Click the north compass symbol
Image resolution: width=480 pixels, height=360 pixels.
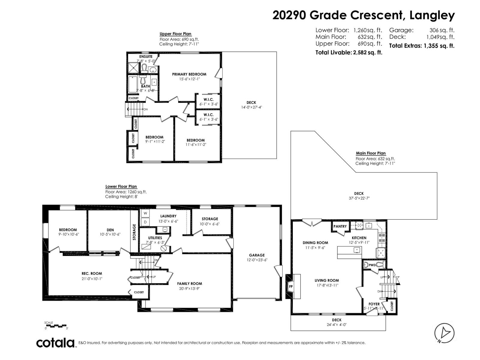click(x=444, y=332)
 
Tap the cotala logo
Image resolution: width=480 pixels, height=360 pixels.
click(x=55, y=343)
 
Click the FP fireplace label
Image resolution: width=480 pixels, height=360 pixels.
click(x=291, y=286)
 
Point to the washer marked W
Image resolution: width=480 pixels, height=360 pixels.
click(x=145, y=213)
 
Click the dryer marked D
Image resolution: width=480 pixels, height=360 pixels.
click(x=145, y=222)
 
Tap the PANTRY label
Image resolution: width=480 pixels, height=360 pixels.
click(x=340, y=226)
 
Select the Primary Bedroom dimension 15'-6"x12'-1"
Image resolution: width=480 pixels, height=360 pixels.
click(x=189, y=79)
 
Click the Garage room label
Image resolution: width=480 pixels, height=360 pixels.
click(x=257, y=255)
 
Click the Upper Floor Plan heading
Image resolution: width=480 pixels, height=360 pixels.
click(x=175, y=34)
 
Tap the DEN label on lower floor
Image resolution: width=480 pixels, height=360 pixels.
click(x=110, y=230)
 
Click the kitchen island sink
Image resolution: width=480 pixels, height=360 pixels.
click(x=357, y=250)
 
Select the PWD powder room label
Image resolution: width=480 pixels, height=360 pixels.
click(x=372, y=265)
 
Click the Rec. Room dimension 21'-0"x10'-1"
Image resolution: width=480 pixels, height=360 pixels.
click(x=92, y=278)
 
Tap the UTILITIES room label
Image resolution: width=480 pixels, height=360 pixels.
click(x=155, y=238)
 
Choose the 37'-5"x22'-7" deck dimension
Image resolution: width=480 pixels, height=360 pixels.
click(x=359, y=198)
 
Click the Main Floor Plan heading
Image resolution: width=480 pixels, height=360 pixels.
click(x=371, y=153)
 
